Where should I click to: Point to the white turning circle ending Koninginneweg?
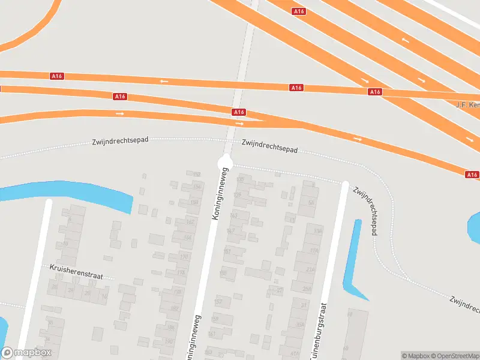click(226, 161)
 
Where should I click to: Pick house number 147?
click(230, 231)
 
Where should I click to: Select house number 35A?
click(299, 326)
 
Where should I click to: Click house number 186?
click(172, 327)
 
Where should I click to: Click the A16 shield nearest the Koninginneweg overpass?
click(239, 112)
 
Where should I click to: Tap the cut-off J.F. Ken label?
click(467, 104)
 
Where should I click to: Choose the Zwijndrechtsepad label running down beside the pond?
click(365, 210)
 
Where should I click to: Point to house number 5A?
click(311, 203)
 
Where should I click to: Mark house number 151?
click(227, 251)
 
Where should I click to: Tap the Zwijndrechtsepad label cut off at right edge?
click(465, 305)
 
